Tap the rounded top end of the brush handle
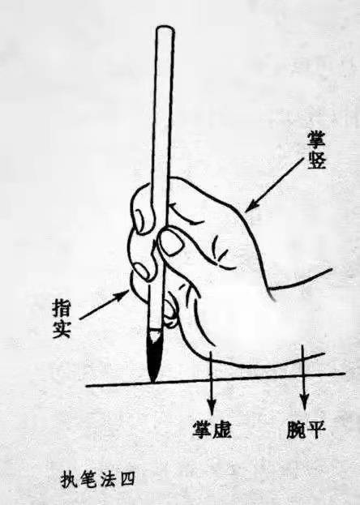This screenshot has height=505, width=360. pos(165,30)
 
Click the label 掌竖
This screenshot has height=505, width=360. pos(316,150)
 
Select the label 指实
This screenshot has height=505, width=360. pos(62,319)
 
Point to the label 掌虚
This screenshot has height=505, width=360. pos(212,430)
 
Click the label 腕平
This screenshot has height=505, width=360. pos(306,430)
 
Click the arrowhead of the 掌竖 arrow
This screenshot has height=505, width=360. pos(251,207)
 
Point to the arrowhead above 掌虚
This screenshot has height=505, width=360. pos(212,408)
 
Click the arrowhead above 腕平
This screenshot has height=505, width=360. pos(303,404)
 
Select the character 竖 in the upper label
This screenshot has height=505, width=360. pos(316,160)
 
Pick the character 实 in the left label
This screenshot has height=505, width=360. pos(62,329)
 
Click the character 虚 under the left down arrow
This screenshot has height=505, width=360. pos(222,430)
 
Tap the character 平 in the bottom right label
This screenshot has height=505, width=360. pos(316,430)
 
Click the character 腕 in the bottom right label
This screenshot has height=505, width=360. pos(296,430)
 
